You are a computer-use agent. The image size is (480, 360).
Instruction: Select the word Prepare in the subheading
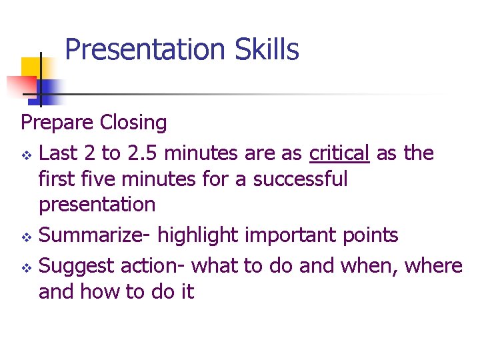(58, 123)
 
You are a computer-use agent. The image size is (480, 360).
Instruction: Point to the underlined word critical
(339, 153)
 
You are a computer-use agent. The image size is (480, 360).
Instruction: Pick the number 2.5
(141, 153)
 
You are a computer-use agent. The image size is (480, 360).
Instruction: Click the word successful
(300, 179)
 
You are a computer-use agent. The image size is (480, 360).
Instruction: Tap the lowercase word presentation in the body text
(97, 204)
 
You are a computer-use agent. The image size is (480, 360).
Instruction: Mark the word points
(372, 235)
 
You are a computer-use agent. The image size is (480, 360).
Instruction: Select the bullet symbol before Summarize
(27, 237)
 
